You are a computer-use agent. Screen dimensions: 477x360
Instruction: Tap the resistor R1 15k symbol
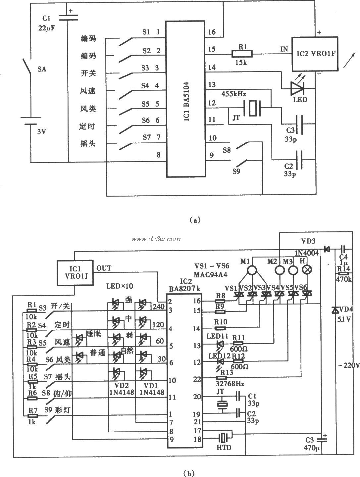242,53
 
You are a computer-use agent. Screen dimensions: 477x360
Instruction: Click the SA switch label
42,69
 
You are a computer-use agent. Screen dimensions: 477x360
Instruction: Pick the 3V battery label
42,131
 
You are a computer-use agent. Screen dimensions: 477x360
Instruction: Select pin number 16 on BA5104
212,32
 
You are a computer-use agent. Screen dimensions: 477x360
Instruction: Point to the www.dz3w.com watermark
156,239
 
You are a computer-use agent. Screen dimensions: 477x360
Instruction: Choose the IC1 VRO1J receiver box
74,272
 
